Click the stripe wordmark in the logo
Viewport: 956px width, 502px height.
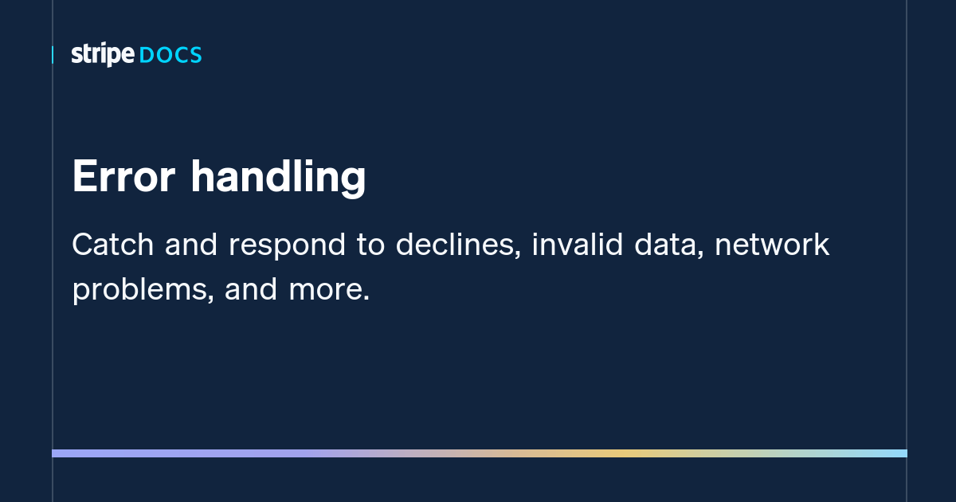(103, 55)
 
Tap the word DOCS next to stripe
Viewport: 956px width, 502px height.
(170, 55)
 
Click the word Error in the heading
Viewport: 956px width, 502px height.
(123, 176)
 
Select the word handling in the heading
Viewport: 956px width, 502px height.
(278, 178)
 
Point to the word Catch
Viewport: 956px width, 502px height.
(113, 245)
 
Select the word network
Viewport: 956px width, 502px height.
(772, 245)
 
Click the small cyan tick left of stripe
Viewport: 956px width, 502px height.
(53, 55)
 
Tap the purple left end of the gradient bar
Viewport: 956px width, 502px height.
(60, 453)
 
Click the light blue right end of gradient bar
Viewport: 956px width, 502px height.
(900, 453)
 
